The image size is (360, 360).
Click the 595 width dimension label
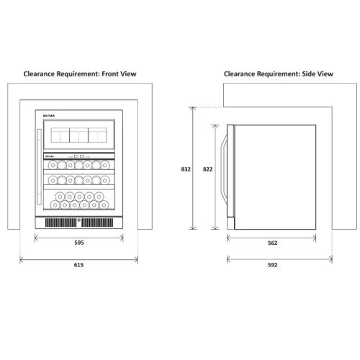point(78,243)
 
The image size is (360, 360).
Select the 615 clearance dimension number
point(78,264)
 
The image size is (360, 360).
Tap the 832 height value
point(185,169)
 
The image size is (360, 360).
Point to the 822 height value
point(207,169)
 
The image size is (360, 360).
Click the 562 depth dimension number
point(272,243)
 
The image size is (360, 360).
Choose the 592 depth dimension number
point(272,264)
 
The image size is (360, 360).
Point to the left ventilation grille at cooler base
point(61,223)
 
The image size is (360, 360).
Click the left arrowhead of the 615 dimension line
point(21,257)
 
